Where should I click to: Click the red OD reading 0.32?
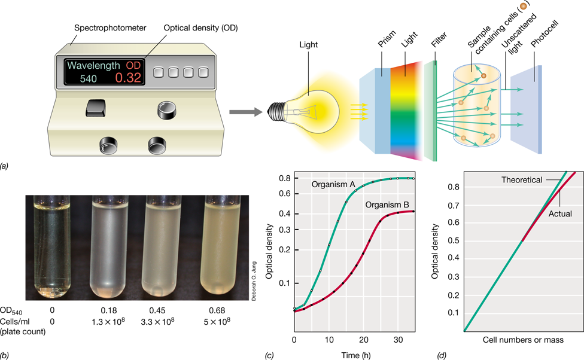tap(128, 77)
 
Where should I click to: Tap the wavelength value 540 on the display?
tap(89, 78)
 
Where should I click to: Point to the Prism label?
tap(387, 39)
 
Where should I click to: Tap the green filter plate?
tap(431, 111)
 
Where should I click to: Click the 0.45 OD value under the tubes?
tap(157, 310)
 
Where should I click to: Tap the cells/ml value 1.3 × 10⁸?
tap(108, 322)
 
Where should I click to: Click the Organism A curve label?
tap(333, 184)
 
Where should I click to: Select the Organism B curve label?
tap(387, 205)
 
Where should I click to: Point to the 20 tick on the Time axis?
tap(364, 340)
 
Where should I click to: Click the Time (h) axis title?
tap(355, 355)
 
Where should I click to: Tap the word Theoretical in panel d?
tap(521, 180)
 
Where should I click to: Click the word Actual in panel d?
tap(560, 213)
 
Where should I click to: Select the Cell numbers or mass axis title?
tap(523, 340)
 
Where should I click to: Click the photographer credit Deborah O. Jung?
tap(254, 281)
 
